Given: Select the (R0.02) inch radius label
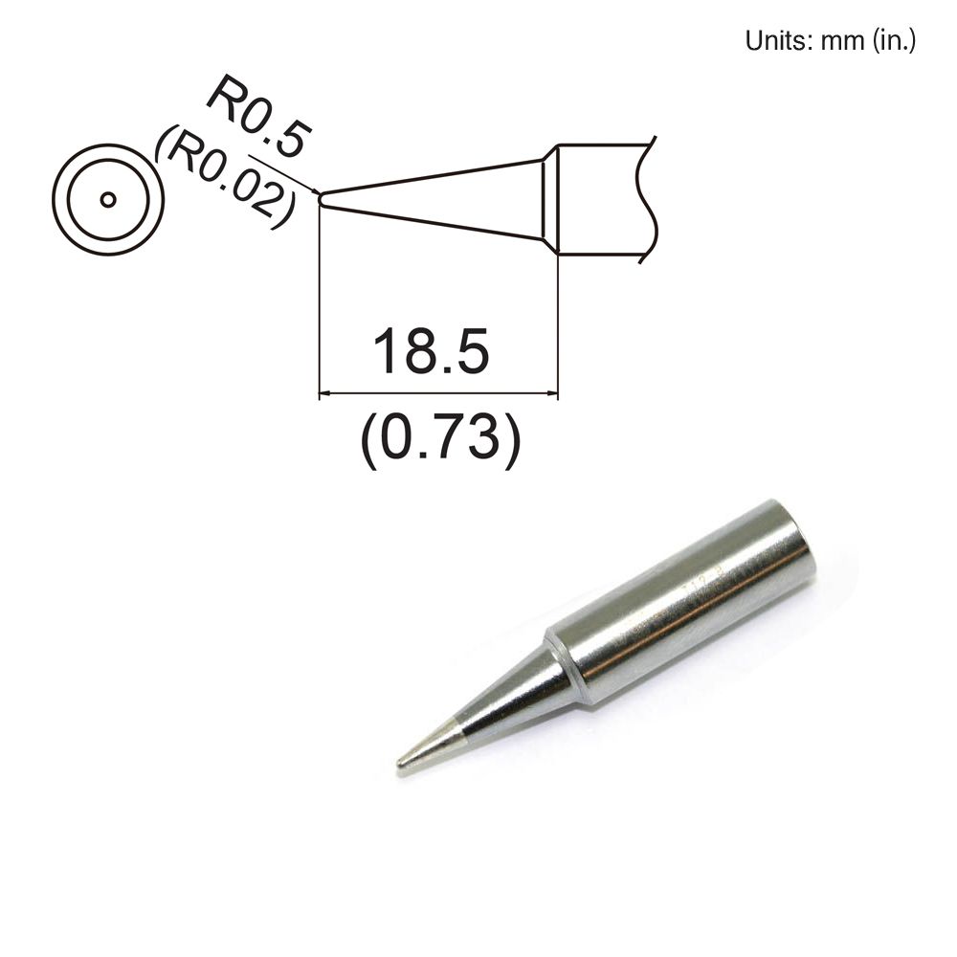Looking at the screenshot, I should (x=226, y=179).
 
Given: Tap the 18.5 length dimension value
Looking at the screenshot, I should (x=431, y=351).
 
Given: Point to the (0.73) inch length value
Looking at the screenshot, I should (x=440, y=439).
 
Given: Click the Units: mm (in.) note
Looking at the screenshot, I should (x=830, y=41).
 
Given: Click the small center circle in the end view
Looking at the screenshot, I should (x=108, y=199).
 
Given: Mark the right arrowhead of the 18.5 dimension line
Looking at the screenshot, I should (x=551, y=392).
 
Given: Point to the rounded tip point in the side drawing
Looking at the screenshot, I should (x=321, y=199).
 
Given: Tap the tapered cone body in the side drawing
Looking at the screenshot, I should (x=431, y=199).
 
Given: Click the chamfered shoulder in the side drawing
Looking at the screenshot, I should (x=550, y=199).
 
